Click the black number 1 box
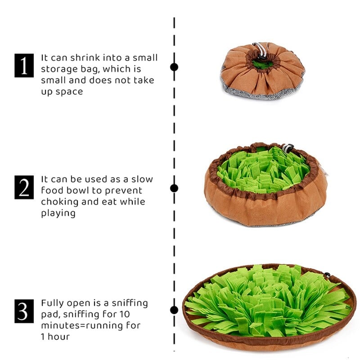pyautogui.click(x=24, y=65)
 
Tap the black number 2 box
pyautogui.click(x=24, y=187)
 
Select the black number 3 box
pyautogui.click(x=24, y=311)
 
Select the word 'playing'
pyautogui.click(x=58, y=213)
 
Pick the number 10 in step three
pyautogui.click(x=124, y=314)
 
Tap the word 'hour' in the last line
pyautogui.click(x=58, y=337)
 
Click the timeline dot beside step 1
pyautogui.click(x=174, y=67)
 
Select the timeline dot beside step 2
pyautogui.click(x=174, y=188)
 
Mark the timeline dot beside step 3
pyautogui.click(x=174, y=310)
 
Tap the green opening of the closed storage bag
pyautogui.click(x=262, y=64)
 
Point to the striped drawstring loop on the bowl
pyautogui.click(x=287, y=148)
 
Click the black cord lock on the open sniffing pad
pyautogui.click(x=327, y=275)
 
